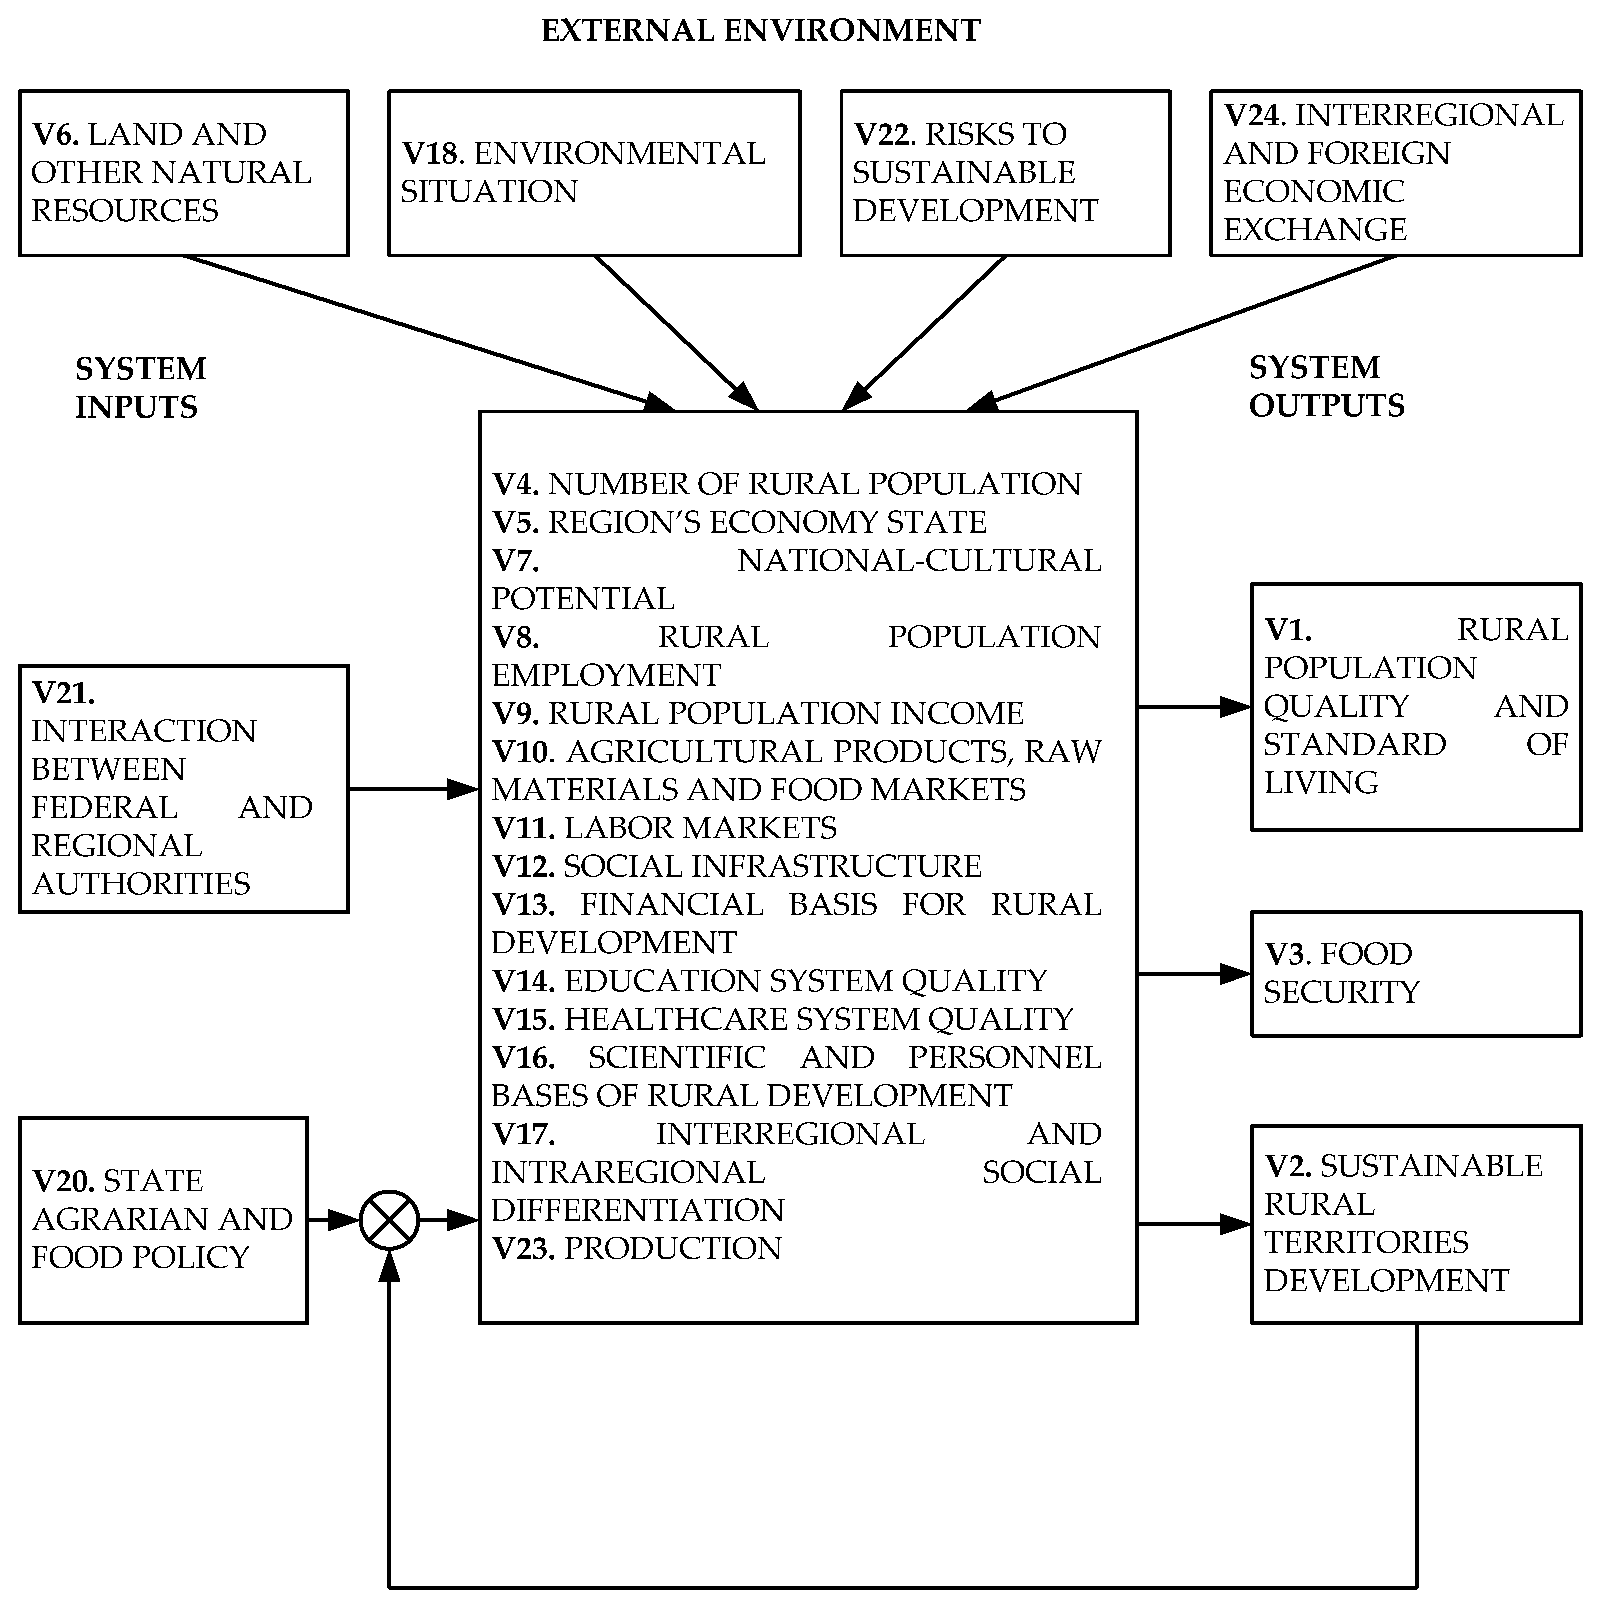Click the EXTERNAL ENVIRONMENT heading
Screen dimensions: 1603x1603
click(x=761, y=30)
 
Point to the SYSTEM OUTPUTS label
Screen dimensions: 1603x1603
click(x=1326, y=386)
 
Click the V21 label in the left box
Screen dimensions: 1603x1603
click(x=63, y=692)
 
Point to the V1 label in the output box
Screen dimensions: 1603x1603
click(x=1287, y=630)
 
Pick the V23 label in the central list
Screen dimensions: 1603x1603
click(x=523, y=1248)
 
